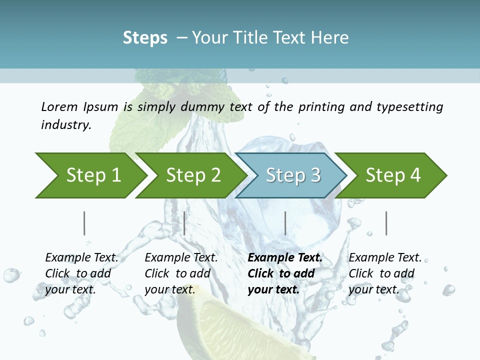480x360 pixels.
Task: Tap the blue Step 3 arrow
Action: (x=293, y=175)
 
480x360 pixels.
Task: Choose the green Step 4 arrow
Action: (x=393, y=175)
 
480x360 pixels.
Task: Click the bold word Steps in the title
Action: (x=145, y=38)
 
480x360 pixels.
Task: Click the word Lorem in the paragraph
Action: (x=58, y=106)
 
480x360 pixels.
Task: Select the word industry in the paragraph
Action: (x=65, y=124)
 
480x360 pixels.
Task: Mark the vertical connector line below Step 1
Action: (x=84, y=223)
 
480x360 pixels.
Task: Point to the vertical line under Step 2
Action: (x=184, y=223)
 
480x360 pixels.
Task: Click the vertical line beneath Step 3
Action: (x=285, y=223)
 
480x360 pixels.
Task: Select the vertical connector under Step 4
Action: (x=386, y=223)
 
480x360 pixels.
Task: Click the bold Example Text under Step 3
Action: (x=285, y=258)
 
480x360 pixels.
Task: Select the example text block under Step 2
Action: (x=180, y=273)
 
